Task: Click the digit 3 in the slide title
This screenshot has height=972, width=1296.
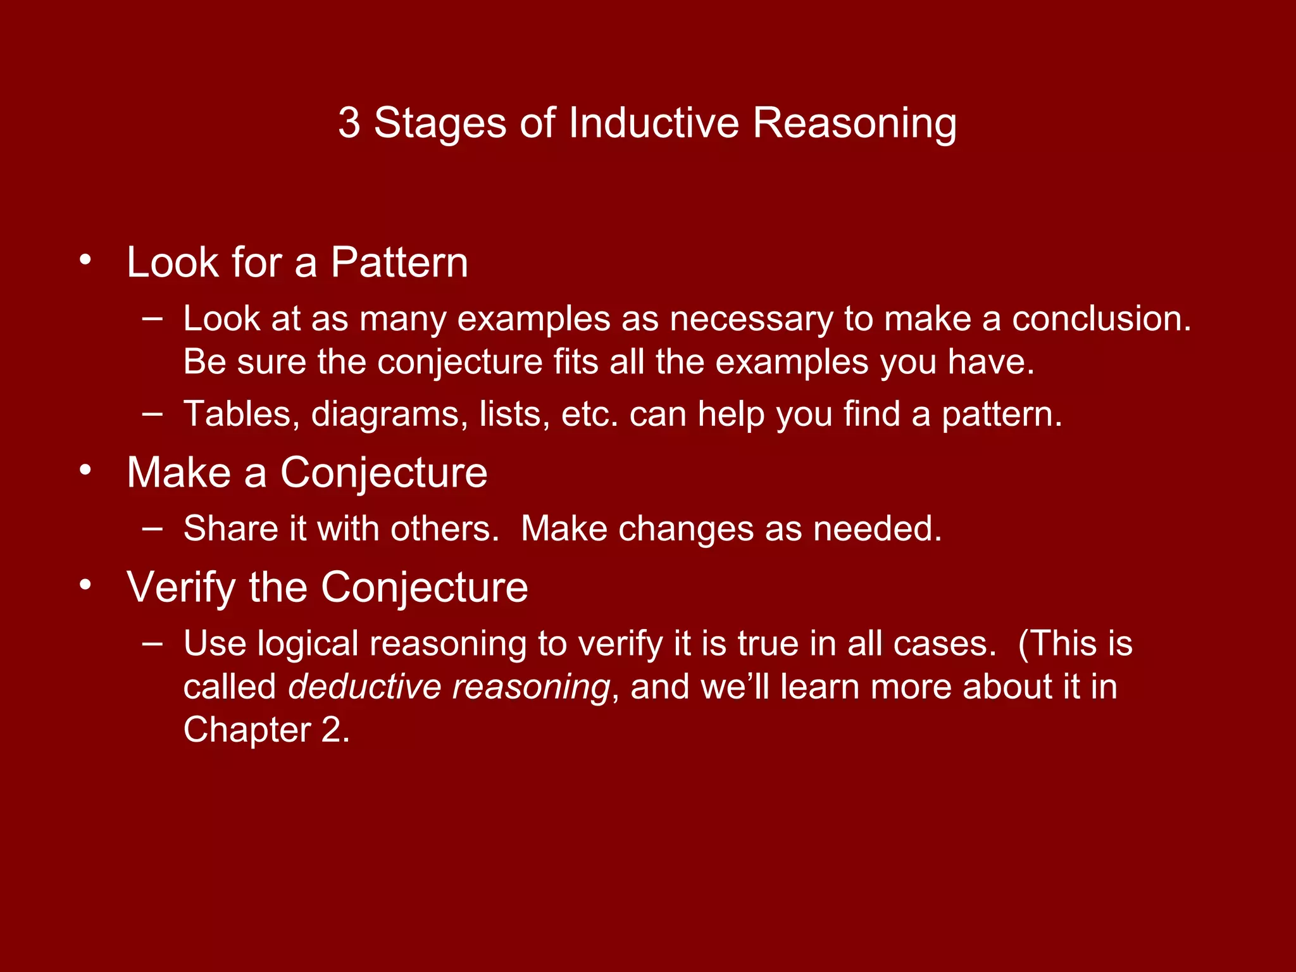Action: point(349,123)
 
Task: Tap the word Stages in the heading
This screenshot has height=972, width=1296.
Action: point(440,124)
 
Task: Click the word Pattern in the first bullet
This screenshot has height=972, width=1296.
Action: point(399,263)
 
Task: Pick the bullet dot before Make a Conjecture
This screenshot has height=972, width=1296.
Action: point(85,470)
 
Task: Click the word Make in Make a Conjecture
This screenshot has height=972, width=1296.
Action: point(179,473)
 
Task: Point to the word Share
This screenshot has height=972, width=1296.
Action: point(230,528)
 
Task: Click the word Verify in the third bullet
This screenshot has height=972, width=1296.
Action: point(181,588)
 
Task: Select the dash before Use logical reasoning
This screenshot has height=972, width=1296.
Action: point(153,643)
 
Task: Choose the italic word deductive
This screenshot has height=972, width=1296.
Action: point(364,687)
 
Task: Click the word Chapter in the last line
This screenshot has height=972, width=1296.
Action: point(247,730)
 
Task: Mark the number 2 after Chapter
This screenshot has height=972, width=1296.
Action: point(330,730)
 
